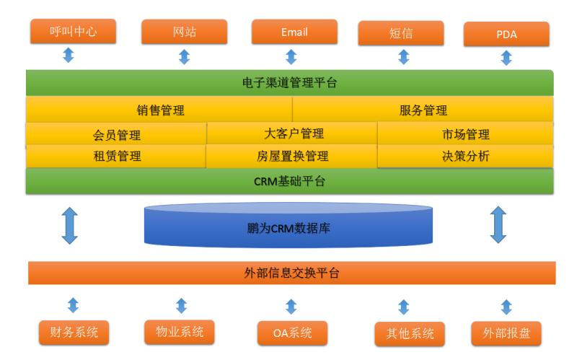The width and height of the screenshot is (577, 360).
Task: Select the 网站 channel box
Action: coord(184,32)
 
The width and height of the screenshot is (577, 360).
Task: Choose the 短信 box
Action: coord(402,33)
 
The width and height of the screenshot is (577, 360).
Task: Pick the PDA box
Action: coord(506,34)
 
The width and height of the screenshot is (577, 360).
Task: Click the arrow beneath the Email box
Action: coord(291,56)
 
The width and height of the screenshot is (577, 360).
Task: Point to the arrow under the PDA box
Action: coord(506,58)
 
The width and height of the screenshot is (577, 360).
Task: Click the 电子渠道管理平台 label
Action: coord(289,82)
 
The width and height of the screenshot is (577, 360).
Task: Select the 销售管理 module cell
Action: coord(159,110)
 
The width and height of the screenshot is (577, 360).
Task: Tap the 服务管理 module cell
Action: coord(423,110)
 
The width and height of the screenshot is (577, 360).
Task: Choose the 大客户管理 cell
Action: coord(293,133)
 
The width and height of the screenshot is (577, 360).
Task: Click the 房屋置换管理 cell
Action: coord(292,156)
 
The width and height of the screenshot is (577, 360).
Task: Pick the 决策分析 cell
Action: coord(466,156)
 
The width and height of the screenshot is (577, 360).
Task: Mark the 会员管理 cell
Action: coord(117,134)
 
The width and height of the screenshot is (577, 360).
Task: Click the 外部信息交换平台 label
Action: coord(291,273)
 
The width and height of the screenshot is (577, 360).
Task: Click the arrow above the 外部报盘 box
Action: coord(506,307)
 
